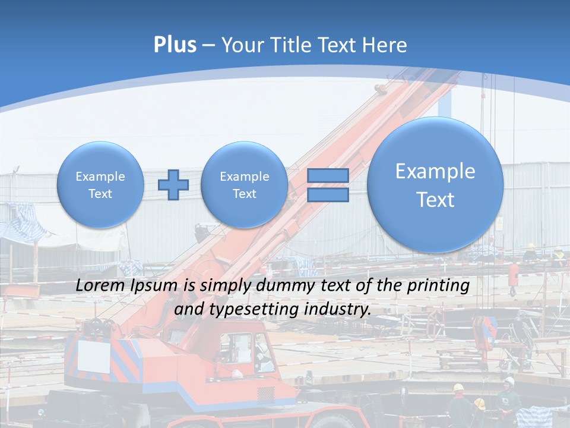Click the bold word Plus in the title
pos(175,45)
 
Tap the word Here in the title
pos(385,45)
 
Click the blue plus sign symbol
pos(173,185)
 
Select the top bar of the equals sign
pos(328,176)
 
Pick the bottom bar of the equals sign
pos(328,195)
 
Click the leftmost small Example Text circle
pos(100,185)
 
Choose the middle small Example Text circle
pos(244,185)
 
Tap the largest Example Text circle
pos(435,185)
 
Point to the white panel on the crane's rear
pos(94,355)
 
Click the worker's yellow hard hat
pos(458,388)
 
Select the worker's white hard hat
pos(509,380)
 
